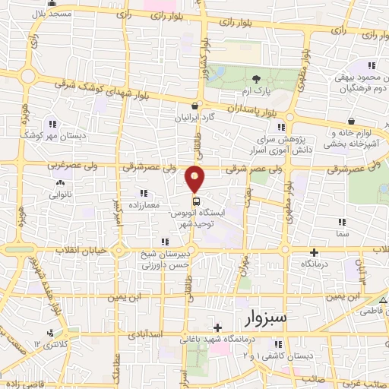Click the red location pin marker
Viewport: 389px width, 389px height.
(x=195, y=179)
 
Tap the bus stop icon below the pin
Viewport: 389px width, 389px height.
(x=196, y=201)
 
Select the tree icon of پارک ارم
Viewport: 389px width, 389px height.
(x=256, y=78)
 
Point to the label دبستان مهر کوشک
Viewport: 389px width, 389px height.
(x=52, y=134)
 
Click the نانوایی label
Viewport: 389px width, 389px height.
(x=60, y=194)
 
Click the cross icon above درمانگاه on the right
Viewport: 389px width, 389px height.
(x=315, y=252)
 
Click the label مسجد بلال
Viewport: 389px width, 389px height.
(x=55, y=14)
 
